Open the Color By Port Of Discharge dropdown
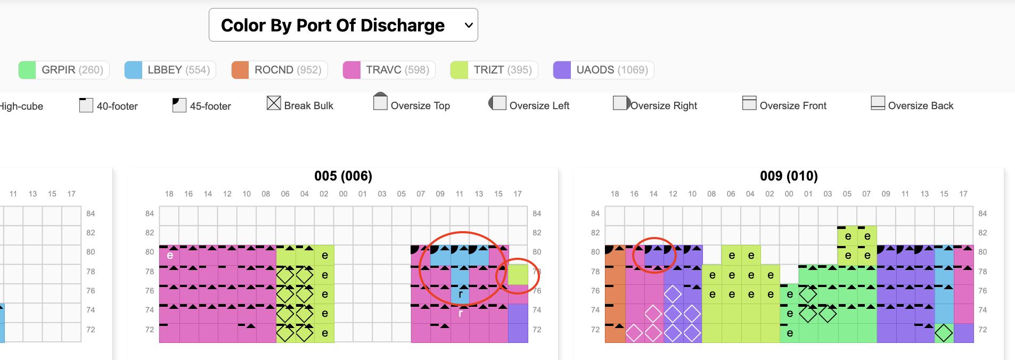[x=343, y=25]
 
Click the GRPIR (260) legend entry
[x=64, y=70]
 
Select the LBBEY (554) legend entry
[x=170, y=70]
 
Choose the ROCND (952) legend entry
[x=280, y=70]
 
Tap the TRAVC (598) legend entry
[x=389, y=70]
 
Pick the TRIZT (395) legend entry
[x=494, y=70]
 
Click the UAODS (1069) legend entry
[x=603, y=70]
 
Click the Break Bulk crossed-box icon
[x=274, y=103]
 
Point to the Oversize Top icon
[x=380, y=102]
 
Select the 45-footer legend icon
[x=179, y=105]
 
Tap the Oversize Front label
[x=792, y=106]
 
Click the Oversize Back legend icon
[x=878, y=103]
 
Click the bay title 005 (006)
[x=343, y=176]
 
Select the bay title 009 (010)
[x=789, y=176]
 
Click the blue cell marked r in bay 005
[x=460, y=294]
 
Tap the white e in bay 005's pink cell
[x=170, y=256]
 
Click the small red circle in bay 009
[x=654, y=255]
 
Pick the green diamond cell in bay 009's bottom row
[x=944, y=333]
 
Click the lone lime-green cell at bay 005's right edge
[x=518, y=275]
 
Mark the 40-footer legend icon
[x=86, y=105]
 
